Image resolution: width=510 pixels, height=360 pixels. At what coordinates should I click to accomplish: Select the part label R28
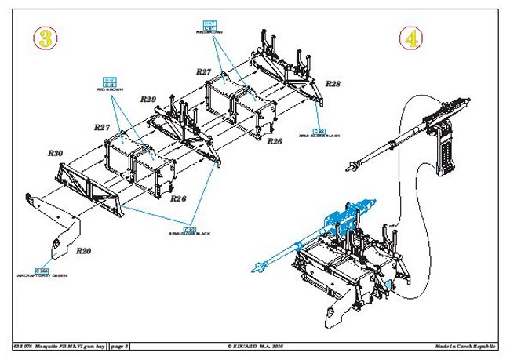point(333,84)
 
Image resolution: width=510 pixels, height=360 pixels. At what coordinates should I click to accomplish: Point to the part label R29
point(148,100)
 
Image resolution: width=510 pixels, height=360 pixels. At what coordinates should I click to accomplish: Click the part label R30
point(55,154)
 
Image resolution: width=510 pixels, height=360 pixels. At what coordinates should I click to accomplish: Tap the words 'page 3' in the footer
point(121,346)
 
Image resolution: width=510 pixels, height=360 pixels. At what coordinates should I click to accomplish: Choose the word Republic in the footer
point(491,346)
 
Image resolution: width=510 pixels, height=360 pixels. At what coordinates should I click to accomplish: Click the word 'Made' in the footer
point(444,346)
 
